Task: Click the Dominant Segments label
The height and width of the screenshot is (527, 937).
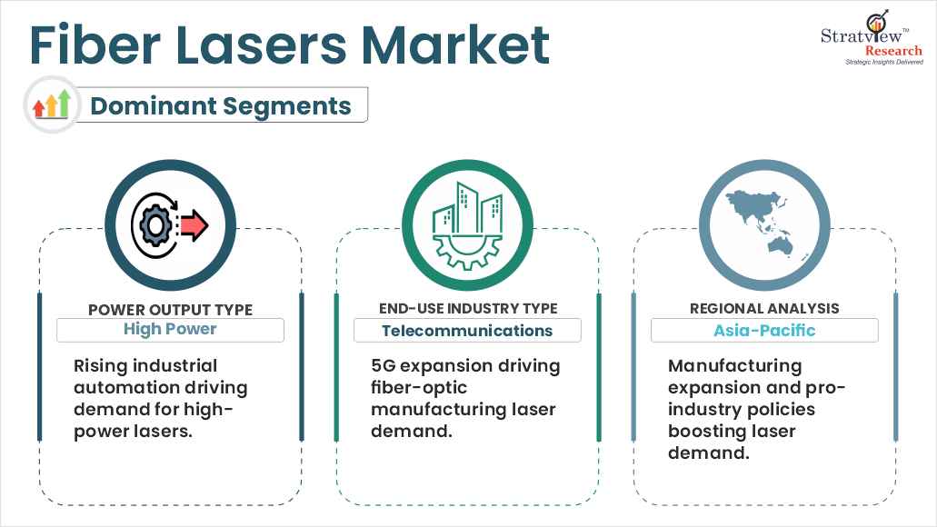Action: click(x=221, y=105)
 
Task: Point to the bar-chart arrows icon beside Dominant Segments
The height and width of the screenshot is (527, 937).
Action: click(x=52, y=104)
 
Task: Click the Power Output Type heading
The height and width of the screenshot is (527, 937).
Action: click(x=170, y=310)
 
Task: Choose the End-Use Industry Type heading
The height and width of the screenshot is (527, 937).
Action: click(x=467, y=310)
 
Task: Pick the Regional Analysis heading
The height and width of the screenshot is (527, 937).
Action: click(x=763, y=310)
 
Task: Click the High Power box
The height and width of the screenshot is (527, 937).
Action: click(x=170, y=330)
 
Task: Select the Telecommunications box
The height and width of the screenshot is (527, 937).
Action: click(x=467, y=331)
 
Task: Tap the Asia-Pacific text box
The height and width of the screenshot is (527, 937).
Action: click(x=764, y=331)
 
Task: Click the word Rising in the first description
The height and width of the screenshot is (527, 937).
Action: click(x=100, y=366)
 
